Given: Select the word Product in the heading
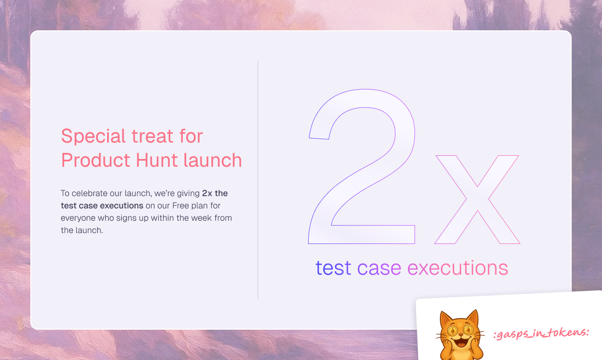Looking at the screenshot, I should pos(95,161).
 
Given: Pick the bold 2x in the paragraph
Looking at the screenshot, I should pos(207,193).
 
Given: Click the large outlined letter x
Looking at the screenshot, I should pos(477,199).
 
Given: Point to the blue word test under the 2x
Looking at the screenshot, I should pos(333,268).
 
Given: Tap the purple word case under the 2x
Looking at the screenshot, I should pos(379,268).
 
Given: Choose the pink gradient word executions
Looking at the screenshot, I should pos(457,268).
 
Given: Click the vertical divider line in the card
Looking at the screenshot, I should pos(258,180).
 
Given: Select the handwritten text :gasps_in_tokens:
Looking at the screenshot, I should pos(541,333).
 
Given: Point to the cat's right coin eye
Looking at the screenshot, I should pos(470,330).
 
